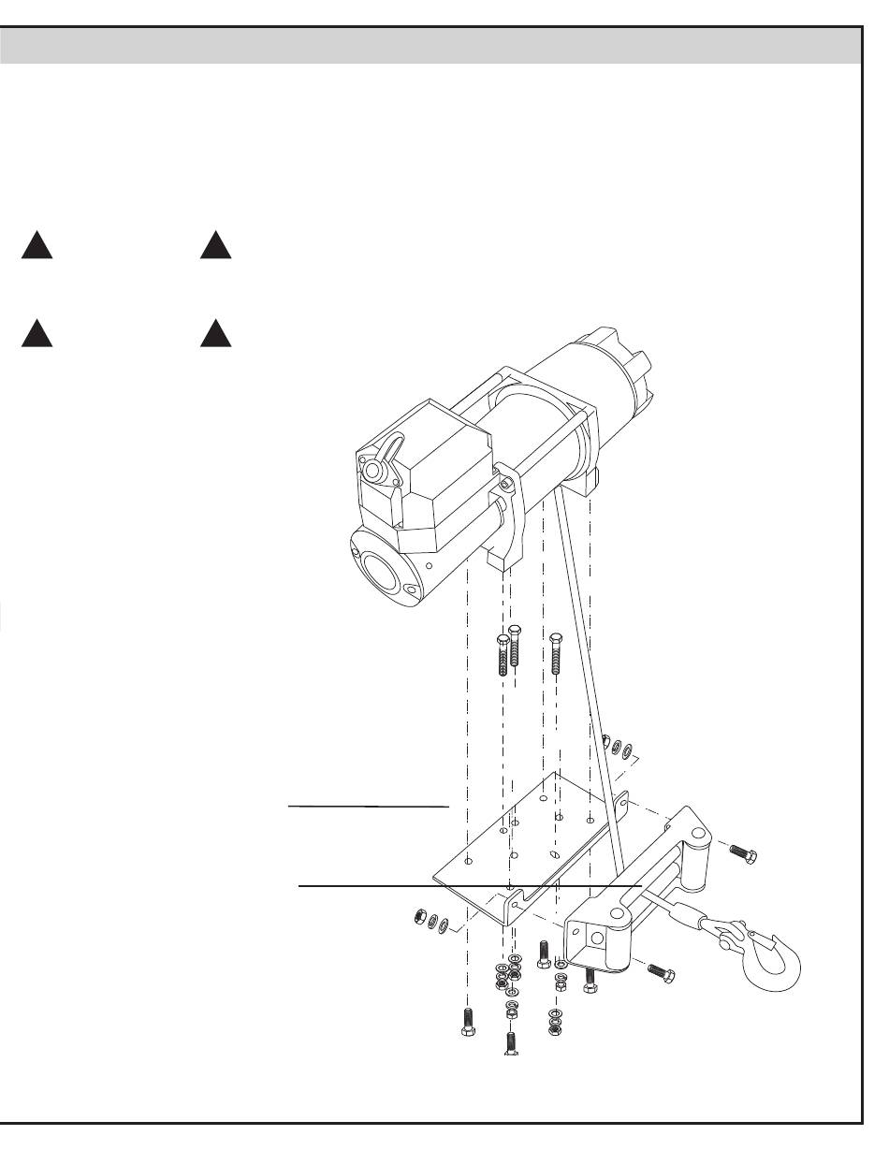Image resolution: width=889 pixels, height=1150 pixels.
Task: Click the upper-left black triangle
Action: click(x=37, y=245)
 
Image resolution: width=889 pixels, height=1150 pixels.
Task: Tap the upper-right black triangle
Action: click(x=215, y=245)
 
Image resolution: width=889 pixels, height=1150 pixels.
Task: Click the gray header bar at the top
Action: click(x=430, y=45)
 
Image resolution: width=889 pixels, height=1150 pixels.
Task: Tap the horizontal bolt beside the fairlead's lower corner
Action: click(x=659, y=971)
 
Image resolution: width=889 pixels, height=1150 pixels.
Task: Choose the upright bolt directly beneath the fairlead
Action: click(x=590, y=980)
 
